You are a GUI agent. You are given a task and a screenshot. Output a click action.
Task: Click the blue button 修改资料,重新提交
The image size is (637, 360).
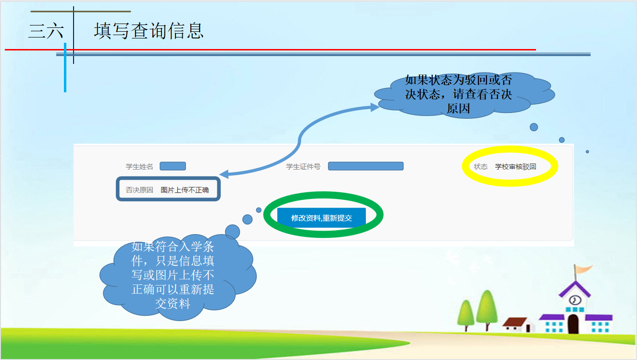pyautogui.click(x=321, y=218)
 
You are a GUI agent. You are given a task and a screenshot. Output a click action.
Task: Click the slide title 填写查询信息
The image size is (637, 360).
pyautogui.click(x=149, y=31)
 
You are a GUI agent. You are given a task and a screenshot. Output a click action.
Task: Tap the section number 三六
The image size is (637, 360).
pyautogui.click(x=46, y=31)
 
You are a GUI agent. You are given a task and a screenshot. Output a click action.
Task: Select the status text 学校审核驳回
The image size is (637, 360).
pyautogui.click(x=515, y=167)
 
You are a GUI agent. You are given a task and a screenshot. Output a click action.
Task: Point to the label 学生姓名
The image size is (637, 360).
pyautogui.click(x=139, y=167)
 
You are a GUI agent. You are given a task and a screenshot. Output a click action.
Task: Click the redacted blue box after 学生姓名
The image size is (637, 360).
pyautogui.click(x=173, y=166)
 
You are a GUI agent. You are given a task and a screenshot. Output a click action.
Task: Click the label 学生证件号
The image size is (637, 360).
pyautogui.click(x=303, y=167)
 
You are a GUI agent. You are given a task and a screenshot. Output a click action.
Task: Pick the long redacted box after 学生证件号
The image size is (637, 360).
pyautogui.click(x=366, y=166)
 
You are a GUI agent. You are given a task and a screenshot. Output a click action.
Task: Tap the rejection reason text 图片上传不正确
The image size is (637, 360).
pyautogui.click(x=185, y=190)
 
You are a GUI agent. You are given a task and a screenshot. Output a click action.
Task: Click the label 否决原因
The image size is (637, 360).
pyautogui.click(x=139, y=190)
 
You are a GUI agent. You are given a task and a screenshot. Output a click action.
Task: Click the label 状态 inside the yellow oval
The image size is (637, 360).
pyautogui.click(x=481, y=167)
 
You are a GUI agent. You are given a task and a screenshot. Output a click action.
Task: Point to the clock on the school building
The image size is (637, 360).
pyautogui.click(x=575, y=300)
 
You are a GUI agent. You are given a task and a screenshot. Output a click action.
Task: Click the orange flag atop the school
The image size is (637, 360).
pyautogui.click(x=583, y=269)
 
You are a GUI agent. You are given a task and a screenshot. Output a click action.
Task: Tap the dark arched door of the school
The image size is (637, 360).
pyautogui.click(x=573, y=323)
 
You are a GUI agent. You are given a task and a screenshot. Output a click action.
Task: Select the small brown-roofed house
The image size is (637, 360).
pyautogui.click(x=517, y=325)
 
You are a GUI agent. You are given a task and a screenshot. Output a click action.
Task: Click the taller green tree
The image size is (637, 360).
pyautogui.click(x=487, y=309)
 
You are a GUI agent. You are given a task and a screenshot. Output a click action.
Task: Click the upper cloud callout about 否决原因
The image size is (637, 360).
pyautogui.click(x=463, y=95)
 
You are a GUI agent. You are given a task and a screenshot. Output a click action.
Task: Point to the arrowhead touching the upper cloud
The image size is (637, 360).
pyautogui.click(x=375, y=107)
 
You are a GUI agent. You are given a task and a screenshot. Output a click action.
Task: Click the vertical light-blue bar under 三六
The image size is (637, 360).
pyautogui.click(x=65, y=67)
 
